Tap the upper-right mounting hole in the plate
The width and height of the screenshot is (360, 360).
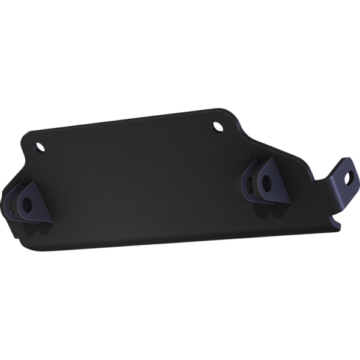(x=218, y=126)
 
